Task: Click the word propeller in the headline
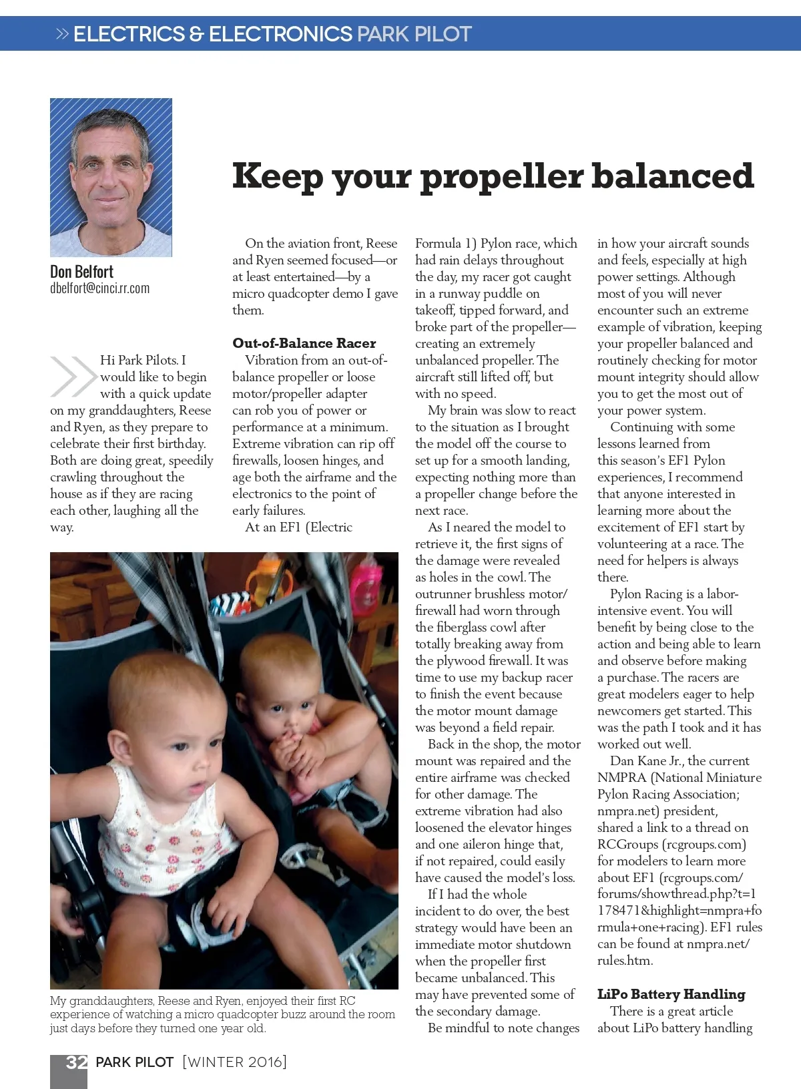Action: [501, 177]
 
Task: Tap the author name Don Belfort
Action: [81, 272]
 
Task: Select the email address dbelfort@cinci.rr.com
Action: [99, 288]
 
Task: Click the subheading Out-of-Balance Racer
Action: [304, 343]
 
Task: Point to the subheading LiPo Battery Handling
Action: [671, 994]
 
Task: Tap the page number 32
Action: [76, 1062]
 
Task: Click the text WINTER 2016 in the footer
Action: [234, 1062]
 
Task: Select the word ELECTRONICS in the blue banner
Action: [280, 34]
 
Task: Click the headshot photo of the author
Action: [111, 178]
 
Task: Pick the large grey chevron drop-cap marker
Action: [72, 376]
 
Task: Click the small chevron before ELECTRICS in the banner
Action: [62, 34]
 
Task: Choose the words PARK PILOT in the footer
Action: [134, 1062]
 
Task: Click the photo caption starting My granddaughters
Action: [222, 1014]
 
